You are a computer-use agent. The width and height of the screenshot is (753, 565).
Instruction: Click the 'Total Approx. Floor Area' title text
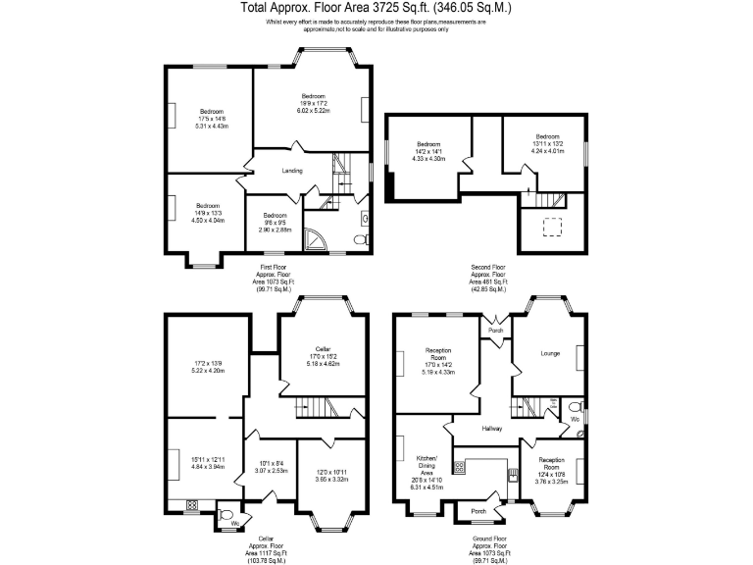coord(376,8)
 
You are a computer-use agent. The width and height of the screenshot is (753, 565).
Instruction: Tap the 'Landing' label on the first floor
coord(291,171)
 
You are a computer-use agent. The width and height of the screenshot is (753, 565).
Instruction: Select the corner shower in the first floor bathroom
coord(316,236)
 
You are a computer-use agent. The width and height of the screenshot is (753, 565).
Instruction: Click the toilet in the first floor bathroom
coord(359,238)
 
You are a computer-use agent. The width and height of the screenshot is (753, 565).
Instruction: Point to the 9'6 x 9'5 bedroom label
coord(274,222)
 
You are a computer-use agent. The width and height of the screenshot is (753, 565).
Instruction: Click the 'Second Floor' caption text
coord(487,265)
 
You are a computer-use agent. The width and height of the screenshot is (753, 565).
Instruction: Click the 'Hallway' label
coord(492,428)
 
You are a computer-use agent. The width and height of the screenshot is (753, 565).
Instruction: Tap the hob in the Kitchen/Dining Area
coord(459,468)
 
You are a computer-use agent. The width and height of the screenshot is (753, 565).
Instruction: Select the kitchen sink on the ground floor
coord(511,478)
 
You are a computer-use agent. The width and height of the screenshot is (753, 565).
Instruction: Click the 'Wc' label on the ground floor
coord(575,419)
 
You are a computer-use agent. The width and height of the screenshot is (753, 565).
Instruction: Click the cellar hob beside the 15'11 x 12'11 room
coord(190,506)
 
